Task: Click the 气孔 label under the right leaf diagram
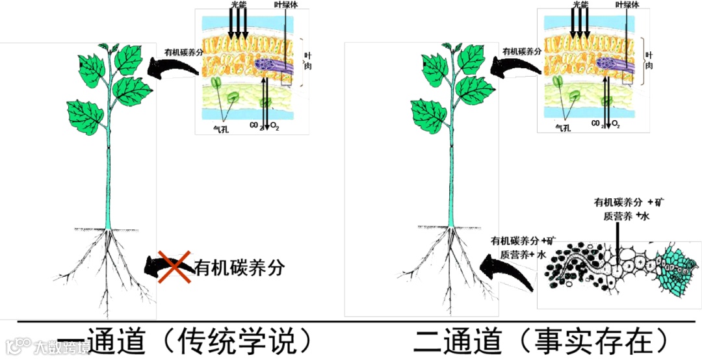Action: (563, 128)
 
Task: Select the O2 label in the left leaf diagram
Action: (274, 125)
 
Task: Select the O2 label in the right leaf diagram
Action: (616, 123)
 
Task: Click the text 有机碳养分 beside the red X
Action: (240, 267)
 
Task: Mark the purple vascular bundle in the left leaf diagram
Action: (266, 65)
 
